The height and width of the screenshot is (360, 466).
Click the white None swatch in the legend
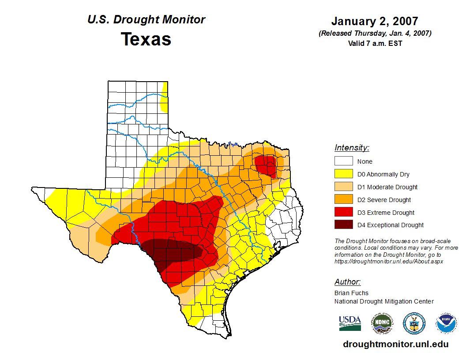[343, 161]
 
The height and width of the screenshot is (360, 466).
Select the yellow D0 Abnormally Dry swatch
[343, 174]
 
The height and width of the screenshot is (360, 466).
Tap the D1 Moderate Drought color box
[343, 187]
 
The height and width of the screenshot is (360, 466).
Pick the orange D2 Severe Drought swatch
[343, 200]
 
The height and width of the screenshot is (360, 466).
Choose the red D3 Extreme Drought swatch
[343, 213]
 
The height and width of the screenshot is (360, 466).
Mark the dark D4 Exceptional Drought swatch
[343, 225]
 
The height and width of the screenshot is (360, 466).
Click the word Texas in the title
[146, 39]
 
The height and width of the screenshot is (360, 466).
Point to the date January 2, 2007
[375, 22]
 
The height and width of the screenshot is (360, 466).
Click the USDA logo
[350, 323]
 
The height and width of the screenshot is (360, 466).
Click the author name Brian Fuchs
[351, 293]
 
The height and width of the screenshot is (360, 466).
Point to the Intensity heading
[352, 148]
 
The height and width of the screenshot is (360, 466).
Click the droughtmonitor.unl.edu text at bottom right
[395, 345]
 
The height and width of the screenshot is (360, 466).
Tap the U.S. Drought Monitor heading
[146, 20]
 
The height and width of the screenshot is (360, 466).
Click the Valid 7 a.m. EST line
[375, 43]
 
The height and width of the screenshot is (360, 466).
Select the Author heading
[347, 282]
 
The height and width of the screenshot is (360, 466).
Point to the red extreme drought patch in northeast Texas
[266, 165]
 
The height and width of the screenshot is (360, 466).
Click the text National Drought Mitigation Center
[384, 301]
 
